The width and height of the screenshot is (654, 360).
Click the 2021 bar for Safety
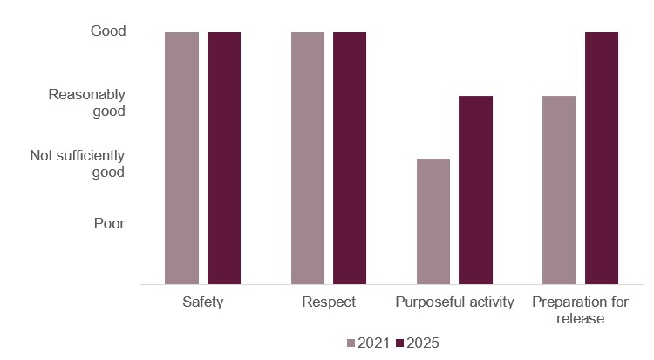click(x=181, y=158)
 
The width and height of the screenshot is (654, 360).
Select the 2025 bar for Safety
click(x=223, y=158)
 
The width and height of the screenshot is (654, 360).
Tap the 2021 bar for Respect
click(x=307, y=158)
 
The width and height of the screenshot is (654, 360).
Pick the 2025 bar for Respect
click(x=350, y=158)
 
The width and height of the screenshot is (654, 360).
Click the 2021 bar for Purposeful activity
click(x=433, y=221)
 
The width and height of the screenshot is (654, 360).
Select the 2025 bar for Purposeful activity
click(x=475, y=190)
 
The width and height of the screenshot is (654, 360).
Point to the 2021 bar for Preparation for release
click(x=559, y=190)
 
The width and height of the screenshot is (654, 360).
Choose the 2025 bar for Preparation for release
click(x=601, y=158)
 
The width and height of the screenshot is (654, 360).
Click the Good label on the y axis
click(x=108, y=31)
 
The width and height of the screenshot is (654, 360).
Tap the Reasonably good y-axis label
click(x=87, y=103)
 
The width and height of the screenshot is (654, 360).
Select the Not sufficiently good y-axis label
click(x=78, y=164)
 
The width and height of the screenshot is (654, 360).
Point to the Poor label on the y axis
click(x=109, y=223)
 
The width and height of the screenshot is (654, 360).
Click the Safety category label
click(x=202, y=303)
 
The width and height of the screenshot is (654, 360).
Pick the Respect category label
click(x=329, y=303)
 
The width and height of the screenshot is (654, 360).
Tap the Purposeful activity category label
click(x=454, y=303)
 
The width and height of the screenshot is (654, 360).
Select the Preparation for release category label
click(x=580, y=311)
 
